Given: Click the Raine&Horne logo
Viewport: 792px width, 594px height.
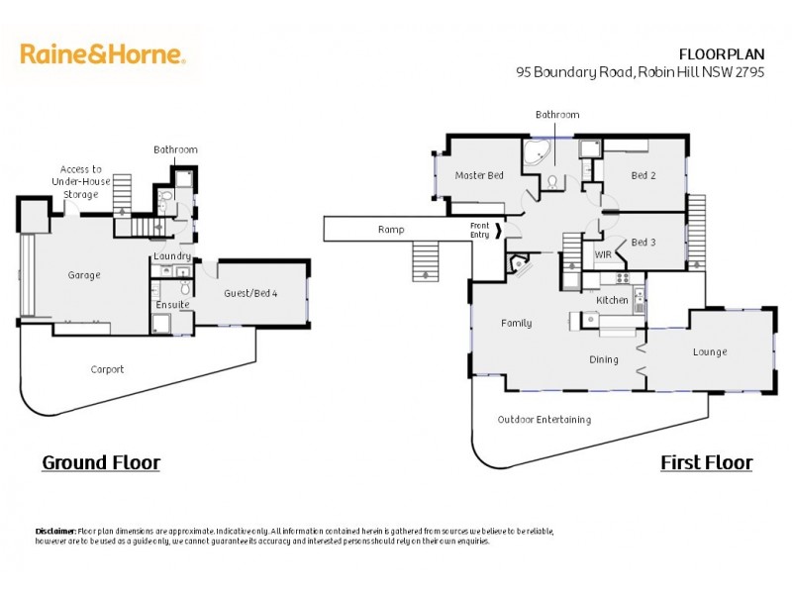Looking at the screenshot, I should pos(103,53).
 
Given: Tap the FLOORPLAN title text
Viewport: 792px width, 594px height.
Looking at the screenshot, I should pos(721,54).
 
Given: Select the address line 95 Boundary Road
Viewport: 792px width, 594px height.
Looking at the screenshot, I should pos(640,72).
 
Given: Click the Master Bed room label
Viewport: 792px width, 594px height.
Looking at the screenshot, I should pos(479,175).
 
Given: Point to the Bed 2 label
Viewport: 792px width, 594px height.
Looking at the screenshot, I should pos(643,175).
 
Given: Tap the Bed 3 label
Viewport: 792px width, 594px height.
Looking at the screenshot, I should pos(643,243).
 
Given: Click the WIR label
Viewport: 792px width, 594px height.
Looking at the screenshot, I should pos(603,255).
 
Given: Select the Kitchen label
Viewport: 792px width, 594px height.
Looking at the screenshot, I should pos(612,299).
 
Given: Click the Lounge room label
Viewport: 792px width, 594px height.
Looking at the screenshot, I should pos(710,351).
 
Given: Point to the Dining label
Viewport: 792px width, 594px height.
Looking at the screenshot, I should pos(604,359).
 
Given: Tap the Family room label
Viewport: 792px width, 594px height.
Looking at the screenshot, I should pos(516,323).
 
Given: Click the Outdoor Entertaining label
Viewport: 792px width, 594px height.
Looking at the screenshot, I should pos(544,420).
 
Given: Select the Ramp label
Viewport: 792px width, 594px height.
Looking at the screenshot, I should pos(391,230).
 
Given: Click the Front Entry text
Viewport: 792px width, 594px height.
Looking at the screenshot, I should pos(479,230).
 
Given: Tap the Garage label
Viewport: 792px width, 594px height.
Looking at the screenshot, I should pos(84,275).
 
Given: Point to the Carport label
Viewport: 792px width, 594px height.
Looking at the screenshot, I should pos(107,369).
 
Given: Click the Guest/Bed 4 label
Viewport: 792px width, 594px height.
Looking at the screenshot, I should pos(251,294).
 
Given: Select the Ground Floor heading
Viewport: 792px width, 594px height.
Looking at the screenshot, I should pos(100,462).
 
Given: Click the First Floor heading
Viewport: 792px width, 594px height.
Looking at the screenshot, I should pos(706,462).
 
